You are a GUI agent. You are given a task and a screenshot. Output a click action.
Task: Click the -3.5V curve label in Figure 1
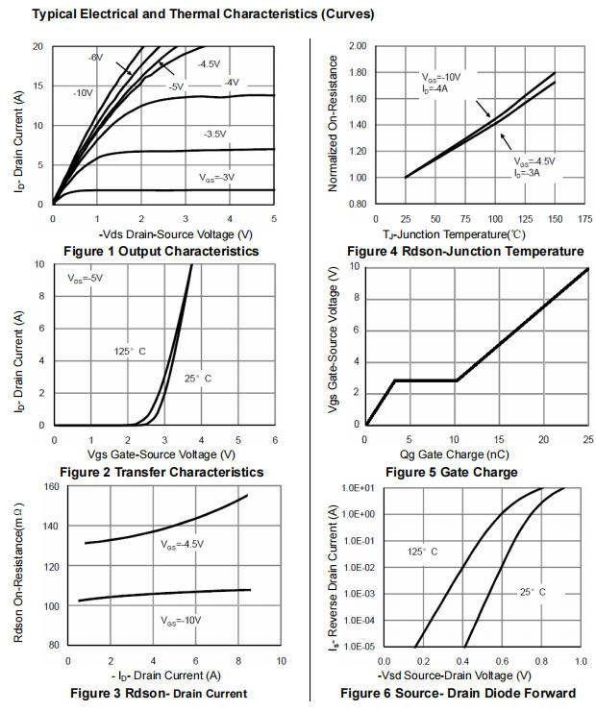213,134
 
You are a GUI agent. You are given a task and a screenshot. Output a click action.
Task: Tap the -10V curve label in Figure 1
83,92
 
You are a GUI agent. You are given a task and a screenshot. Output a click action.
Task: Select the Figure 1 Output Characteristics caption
161,252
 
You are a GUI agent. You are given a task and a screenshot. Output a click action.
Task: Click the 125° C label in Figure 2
129,352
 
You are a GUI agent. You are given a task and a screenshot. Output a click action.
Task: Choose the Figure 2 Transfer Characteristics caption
161,472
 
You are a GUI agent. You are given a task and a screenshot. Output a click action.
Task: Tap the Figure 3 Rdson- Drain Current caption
160,693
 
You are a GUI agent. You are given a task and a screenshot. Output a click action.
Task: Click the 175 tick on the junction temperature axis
584,219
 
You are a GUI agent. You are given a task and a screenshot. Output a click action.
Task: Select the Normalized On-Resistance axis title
334,125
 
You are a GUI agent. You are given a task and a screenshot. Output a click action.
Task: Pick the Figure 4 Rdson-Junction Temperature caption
465,252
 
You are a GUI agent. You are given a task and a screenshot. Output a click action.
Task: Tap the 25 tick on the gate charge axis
587,439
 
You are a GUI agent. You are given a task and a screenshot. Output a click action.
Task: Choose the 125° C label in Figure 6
423,552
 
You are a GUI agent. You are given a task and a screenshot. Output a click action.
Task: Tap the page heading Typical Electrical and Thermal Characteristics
189,14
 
